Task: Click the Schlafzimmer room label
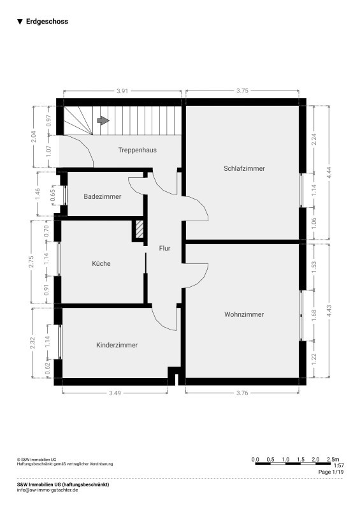point(244,168)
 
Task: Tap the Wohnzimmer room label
point(244,314)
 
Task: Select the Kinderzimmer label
point(117,345)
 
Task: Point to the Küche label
point(101,263)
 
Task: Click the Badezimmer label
point(103,196)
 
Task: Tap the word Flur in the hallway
point(164,249)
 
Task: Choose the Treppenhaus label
point(137,150)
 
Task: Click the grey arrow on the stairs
point(103,120)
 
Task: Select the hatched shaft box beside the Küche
point(139,229)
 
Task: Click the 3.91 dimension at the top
point(122,91)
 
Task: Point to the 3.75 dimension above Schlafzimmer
point(242,91)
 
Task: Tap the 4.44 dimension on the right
point(329,173)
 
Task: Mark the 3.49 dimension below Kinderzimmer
point(115,393)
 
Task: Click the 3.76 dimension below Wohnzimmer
point(242,393)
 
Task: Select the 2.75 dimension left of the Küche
point(31,262)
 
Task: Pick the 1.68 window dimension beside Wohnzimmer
point(314,315)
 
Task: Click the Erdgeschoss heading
point(47,22)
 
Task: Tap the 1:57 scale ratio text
point(338,466)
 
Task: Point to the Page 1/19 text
point(331,472)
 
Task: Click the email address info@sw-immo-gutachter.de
point(48,490)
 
